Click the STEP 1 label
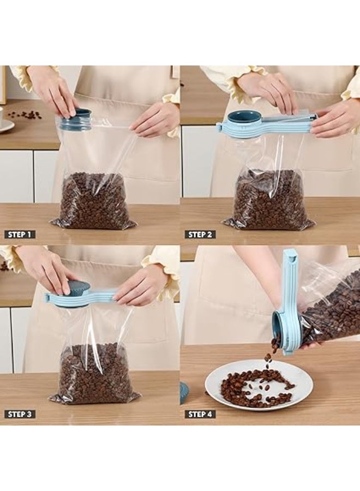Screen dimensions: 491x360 (20, 234)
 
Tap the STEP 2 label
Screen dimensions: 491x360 (200, 234)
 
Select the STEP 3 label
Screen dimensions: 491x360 (20, 414)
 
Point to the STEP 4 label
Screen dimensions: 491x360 (200, 414)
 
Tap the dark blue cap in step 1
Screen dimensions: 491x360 (76, 119)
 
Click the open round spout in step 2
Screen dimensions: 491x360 (243, 118)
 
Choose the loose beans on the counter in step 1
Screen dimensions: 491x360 (26, 115)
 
